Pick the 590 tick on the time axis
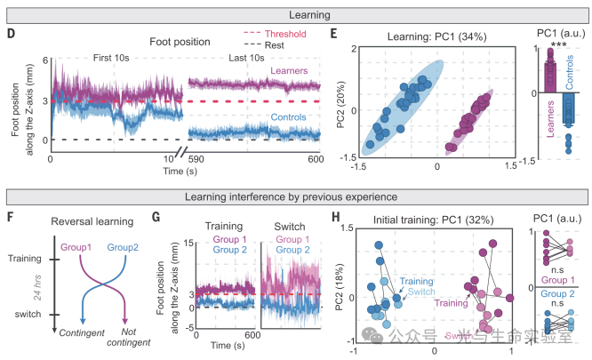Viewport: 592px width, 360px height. [x=196, y=157]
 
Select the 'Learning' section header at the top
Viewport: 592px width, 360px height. [x=296, y=13]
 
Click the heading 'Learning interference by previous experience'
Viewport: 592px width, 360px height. [x=296, y=196]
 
